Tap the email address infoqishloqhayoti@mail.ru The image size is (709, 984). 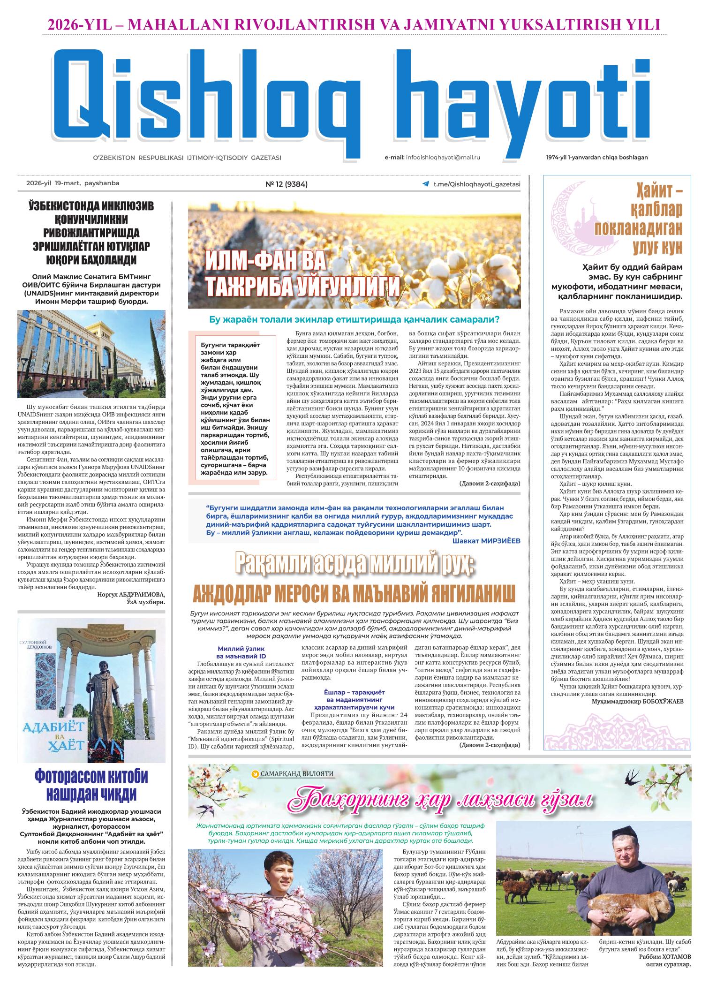pyautogui.click(x=443, y=158)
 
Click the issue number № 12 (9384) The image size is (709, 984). pyautogui.click(x=287, y=184)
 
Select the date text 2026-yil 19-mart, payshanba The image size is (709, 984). pyautogui.click(x=73, y=183)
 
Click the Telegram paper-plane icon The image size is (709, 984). pyautogui.click(x=425, y=185)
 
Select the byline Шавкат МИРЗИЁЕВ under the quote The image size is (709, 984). pyautogui.click(x=486, y=541)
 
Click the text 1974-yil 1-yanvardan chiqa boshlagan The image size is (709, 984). pyautogui.click(x=596, y=158)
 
